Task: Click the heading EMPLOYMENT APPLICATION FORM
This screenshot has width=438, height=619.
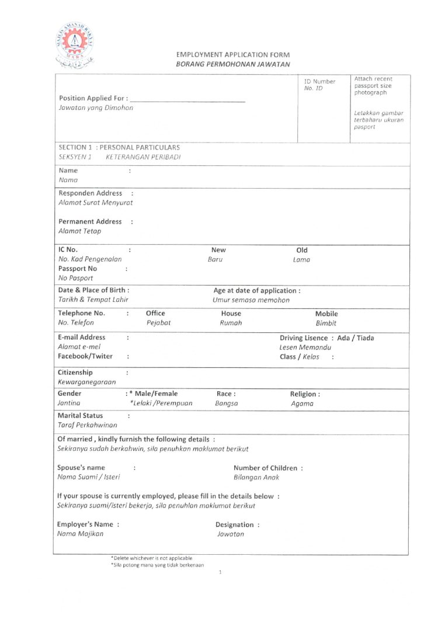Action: click(x=232, y=55)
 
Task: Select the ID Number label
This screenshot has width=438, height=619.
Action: click(x=320, y=81)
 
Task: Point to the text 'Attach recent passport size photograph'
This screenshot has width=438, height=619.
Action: click(x=373, y=85)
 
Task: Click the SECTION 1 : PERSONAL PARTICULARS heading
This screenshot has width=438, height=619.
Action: click(x=119, y=148)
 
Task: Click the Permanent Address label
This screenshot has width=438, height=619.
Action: click(x=91, y=222)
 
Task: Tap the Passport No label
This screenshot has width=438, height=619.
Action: click(x=78, y=269)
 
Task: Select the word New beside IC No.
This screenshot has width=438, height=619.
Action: click(x=218, y=250)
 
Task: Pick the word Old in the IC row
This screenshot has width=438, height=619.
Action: click(x=301, y=250)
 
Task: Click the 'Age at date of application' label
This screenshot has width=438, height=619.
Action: click(x=257, y=290)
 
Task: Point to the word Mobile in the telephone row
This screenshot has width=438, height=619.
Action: click(x=326, y=314)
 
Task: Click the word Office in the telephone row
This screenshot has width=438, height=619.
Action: click(x=155, y=314)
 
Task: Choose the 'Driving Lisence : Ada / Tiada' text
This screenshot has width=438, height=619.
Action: click(x=327, y=338)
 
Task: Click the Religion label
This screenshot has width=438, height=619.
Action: click(x=305, y=394)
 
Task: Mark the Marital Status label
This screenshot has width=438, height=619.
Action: click(x=81, y=416)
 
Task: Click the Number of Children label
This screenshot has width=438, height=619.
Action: click(x=268, y=468)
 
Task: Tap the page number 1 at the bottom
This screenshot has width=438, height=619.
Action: click(x=220, y=573)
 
